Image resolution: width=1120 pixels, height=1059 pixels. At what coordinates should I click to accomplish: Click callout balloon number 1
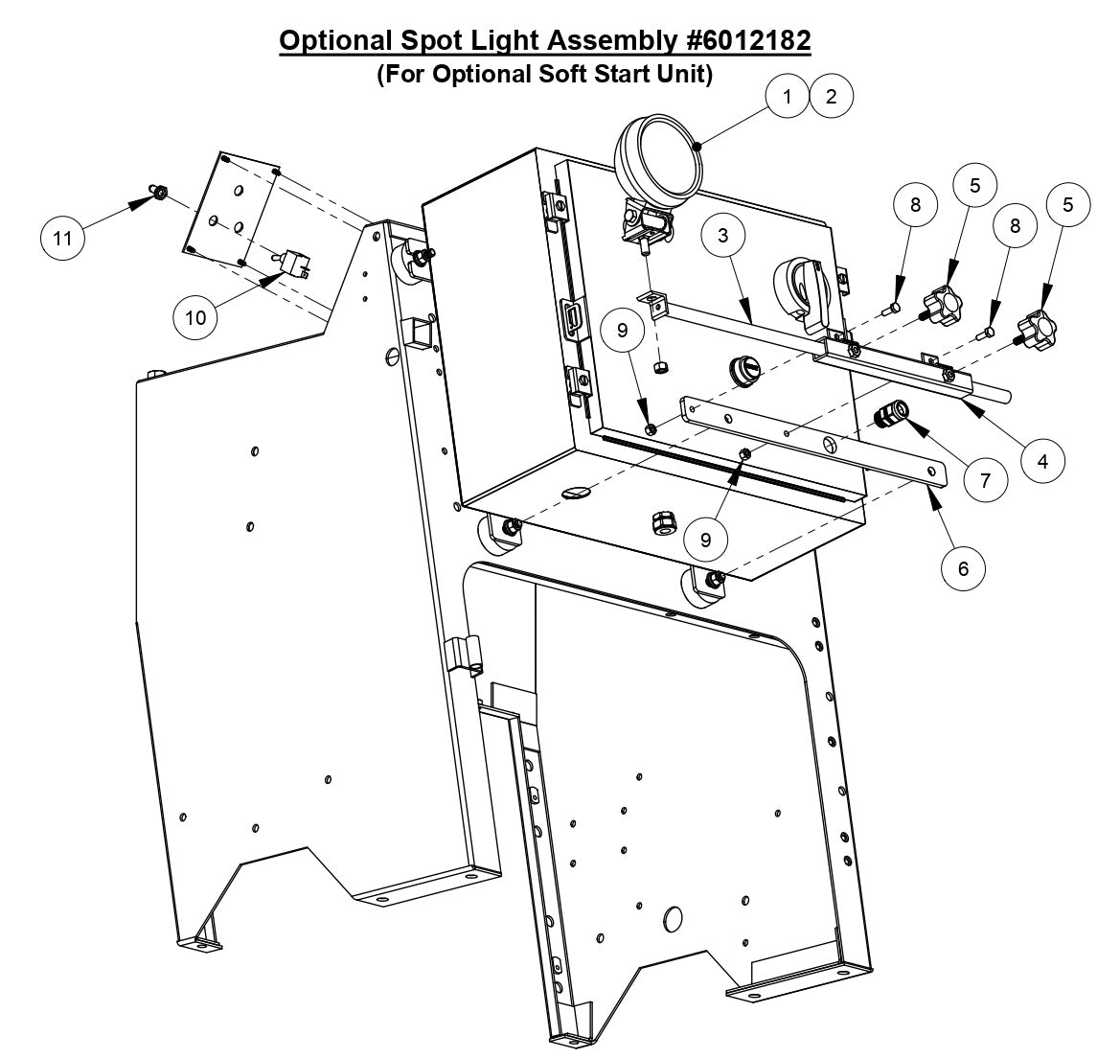[x=788, y=96]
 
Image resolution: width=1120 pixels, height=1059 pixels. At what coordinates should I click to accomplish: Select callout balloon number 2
[x=831, y=96]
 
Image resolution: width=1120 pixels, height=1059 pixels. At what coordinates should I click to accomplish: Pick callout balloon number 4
[x=1042, y=460]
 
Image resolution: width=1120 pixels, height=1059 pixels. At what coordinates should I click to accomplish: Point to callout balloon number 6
[x=963, y=568]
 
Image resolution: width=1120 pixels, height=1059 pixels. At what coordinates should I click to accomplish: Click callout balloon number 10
[x=195, y=316]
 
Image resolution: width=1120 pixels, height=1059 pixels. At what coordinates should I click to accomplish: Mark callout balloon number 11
[x=62, y=238]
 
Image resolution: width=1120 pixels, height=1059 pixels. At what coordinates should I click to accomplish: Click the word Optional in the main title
[x=334, y=41]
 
